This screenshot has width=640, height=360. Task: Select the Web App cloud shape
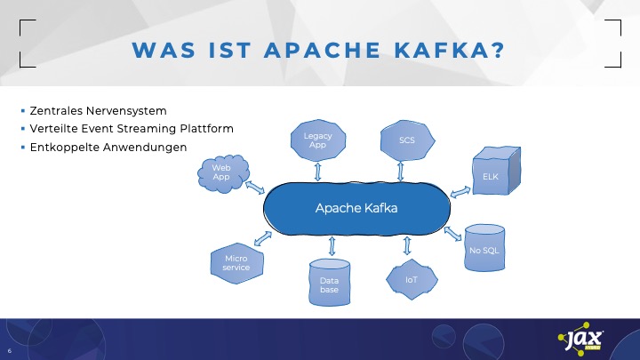pyautogui.click(x=221, y=171)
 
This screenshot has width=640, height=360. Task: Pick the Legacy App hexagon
pyautogui.click(x=317, y=140)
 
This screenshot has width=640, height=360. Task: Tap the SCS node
pyautogui.click(x=408, y=140)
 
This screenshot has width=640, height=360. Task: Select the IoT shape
pyautogui.click(x=411, y=278)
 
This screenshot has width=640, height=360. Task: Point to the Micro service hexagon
pyautogui.click(x=236, y=262)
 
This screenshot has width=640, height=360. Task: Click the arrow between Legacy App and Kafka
pyautogui.click(x=317, y=170)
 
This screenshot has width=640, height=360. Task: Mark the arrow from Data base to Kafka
pyautogui.click(x=331, y=245)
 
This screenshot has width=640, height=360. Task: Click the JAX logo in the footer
pyautogui.click(x=582, y=341)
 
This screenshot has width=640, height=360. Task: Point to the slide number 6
pyautogui.click(x=9, y=349)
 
